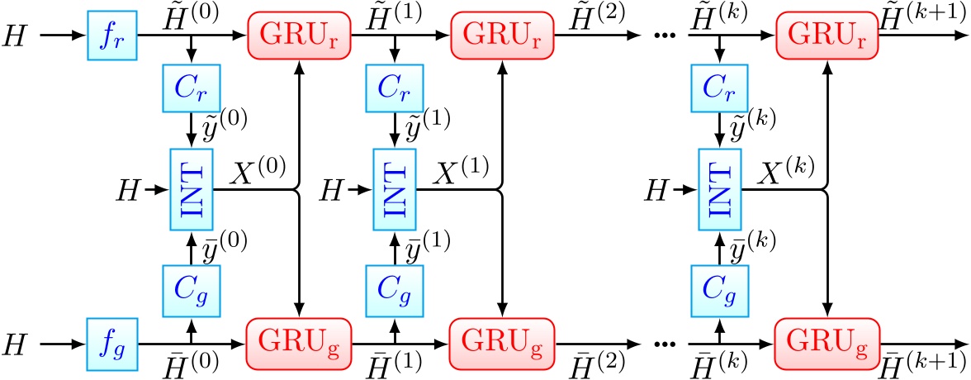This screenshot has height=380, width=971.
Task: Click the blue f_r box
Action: pyautogui.click(x=111, y=38)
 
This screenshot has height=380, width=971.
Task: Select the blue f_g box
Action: pyautogui.click(x=111, y=340)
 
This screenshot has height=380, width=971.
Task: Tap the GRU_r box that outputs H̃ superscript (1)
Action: pyautogui.click(x=296, y=38)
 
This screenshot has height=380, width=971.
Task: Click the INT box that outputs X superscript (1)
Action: pyautogui.click(x=395, y=190)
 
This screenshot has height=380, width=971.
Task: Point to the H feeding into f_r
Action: pyautogui.click(x=13, y=38)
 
